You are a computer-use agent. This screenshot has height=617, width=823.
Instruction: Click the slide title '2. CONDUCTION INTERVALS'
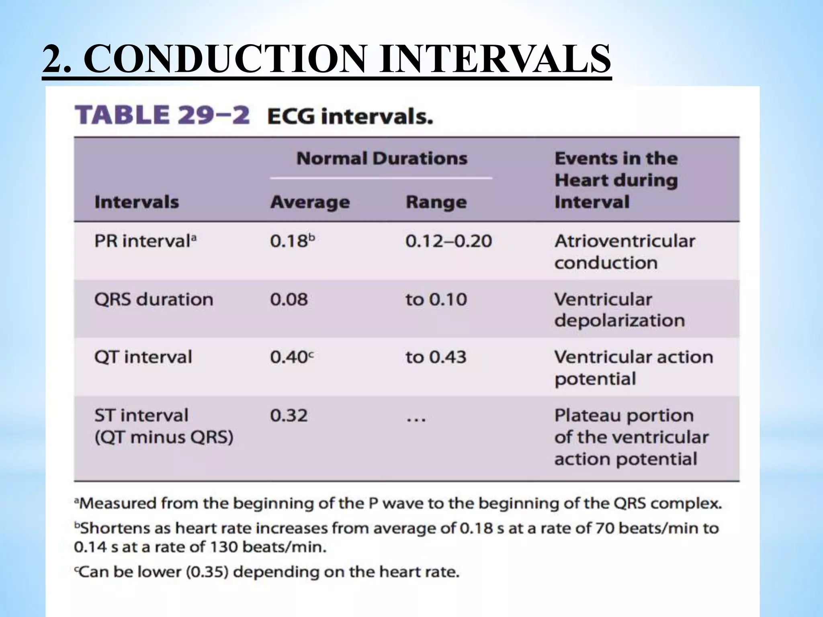326,59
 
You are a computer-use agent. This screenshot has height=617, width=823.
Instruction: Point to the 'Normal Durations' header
382,158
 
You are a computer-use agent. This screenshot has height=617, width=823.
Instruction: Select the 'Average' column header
310,202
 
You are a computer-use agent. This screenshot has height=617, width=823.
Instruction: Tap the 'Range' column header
436,202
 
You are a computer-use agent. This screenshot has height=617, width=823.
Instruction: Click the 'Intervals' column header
136,202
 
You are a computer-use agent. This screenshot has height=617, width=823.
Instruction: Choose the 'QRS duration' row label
154,300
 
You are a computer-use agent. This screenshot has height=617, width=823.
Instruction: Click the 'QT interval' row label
143,357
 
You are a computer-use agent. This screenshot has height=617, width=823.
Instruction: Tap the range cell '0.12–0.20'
448,241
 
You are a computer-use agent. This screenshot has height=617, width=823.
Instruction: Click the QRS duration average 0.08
289,300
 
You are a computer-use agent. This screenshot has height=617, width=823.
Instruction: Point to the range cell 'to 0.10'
436,300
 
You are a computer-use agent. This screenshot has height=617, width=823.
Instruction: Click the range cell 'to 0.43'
436,357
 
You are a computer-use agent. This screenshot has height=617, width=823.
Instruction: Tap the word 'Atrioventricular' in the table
624,241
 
